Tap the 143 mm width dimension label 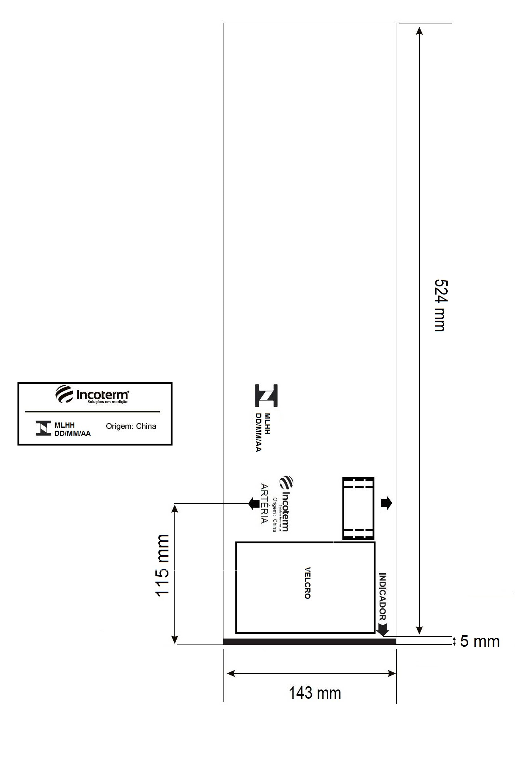[x=315, y=693]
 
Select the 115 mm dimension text [x=162, y=566]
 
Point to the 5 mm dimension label [x=480, y=642]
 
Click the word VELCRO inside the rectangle [x=307, y=583]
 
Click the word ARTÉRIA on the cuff [x=264, y=504]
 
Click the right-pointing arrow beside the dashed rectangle [x=386, y=503]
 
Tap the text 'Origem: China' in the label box [x=131, y=426]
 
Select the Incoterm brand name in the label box [x=103, y=395]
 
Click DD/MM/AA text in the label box [x=73, y=433]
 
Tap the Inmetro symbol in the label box [x=44, y=428]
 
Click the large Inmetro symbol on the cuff [x=266, y=395]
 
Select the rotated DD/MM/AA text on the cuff [x=258, y=433]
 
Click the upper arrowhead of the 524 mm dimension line [x=419, y=30]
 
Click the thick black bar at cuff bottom [x=309, y=642]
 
